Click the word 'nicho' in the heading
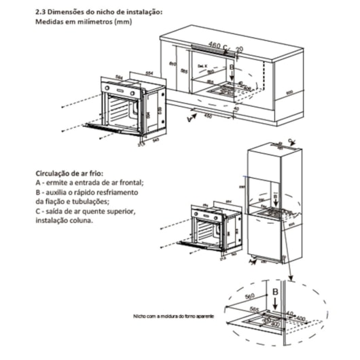[103, 12]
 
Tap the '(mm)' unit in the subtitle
[123, 22]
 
